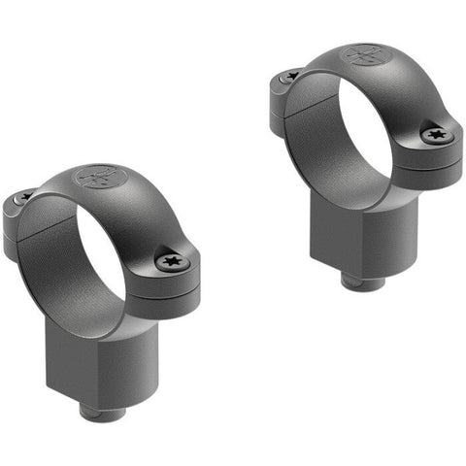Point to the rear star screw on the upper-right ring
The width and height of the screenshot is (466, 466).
[291, 75]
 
